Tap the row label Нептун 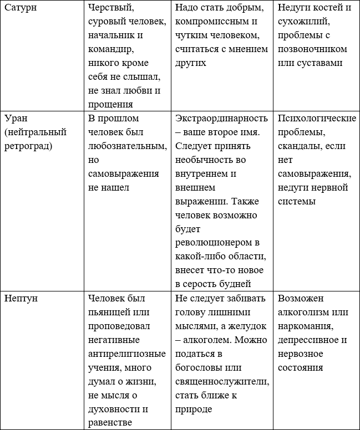pyautogui.click(x=22, y=298)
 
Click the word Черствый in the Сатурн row pyautogui.click(x=110, y=9)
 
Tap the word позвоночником pyautogui.click(x=312, y=50)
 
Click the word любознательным pyautogui.click(x=127, y=146)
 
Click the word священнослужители pyautogui.click(x=222, y=381)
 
